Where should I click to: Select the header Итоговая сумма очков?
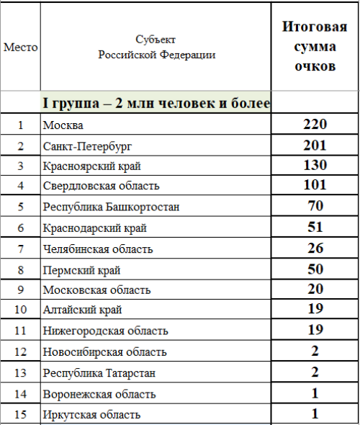point(315,48)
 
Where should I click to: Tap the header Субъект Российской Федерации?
point(156,48)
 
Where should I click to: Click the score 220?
point(315,125)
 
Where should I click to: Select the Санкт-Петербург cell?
point(88,146)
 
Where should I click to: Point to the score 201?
point(315,146)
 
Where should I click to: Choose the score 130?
point(315,166)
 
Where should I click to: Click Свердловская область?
point(101,187)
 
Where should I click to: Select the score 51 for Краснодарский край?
point(315,228)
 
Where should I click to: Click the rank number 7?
point(20,249)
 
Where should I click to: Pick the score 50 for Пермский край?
point(315,269)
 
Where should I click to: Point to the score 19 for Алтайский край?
point(315,310)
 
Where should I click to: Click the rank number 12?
point(20,352)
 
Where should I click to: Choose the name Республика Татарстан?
point(99,373)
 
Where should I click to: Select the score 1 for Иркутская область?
point(315,414)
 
